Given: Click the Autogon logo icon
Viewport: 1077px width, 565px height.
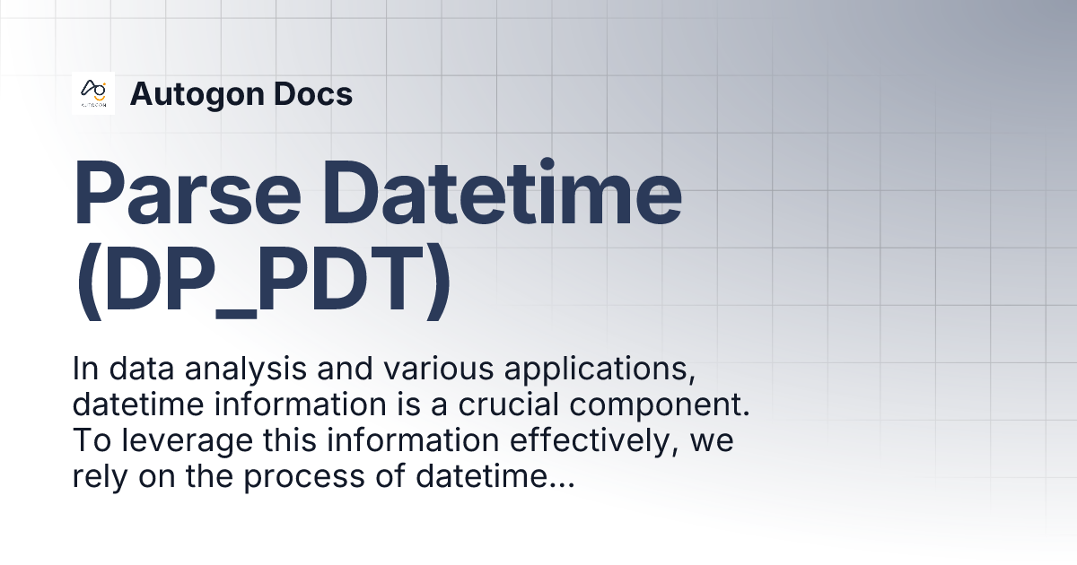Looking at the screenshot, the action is [x=93, y=93].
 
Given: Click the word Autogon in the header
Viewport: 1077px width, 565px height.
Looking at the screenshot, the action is [x=197, y=95].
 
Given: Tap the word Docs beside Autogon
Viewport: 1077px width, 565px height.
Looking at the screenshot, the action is [x=313, y=93].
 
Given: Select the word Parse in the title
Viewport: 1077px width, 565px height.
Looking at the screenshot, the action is [x=188, y=193].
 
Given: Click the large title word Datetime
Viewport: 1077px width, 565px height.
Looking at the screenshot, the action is [x=502, y=192].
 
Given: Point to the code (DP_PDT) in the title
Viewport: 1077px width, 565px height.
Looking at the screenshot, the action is [x=264, y=280].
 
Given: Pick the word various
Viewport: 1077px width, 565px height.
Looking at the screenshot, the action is [x=439, y=369].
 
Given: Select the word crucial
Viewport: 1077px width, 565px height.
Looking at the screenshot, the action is [x=508, y=404].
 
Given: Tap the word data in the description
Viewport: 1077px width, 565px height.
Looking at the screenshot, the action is [x=142, y=369].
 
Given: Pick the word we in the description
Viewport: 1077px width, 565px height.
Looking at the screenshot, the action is [x=713, y=443].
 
